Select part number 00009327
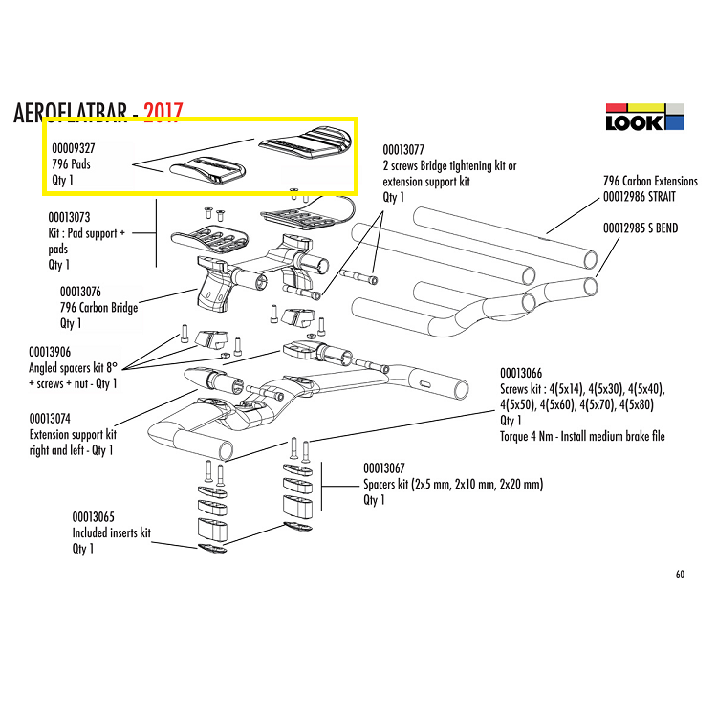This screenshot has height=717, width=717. (73, 149)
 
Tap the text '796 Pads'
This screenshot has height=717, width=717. (72, 164)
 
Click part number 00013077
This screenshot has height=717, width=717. (404, 150)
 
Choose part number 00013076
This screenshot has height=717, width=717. (81, 292)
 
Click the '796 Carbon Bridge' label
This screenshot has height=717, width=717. (98, 308)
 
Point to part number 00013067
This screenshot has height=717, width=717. (385, 468)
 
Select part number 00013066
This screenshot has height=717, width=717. (521, 373)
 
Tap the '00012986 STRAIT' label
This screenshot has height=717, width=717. (649, 196)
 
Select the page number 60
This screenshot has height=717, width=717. (679, 575)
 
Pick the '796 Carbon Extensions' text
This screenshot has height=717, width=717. (650, 181)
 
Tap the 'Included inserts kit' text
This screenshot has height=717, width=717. (111, 532)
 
